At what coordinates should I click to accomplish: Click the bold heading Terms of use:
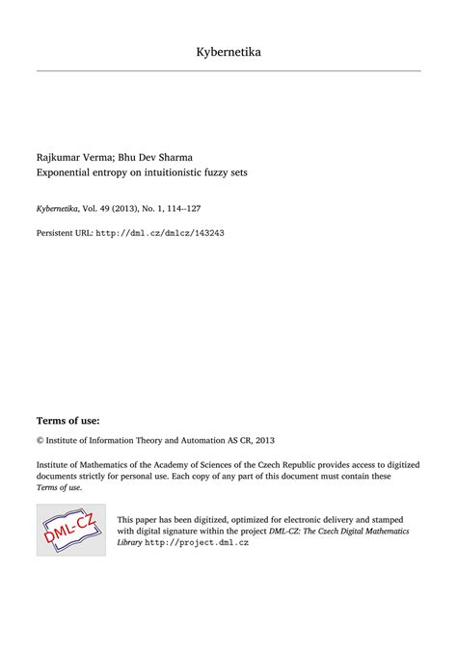tap(67, 421)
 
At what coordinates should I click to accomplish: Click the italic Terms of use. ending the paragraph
tap(60, 487)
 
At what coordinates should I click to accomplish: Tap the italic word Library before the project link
tap(129, 543)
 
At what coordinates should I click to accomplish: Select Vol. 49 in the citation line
tap(94, 207)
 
